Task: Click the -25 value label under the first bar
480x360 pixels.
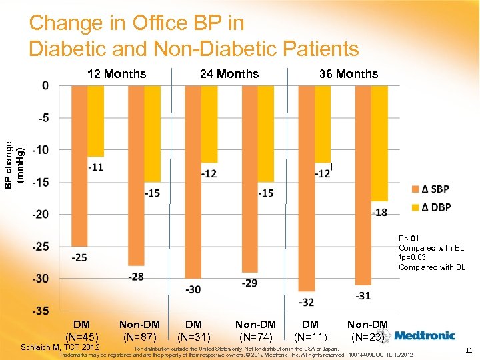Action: click(79, 257)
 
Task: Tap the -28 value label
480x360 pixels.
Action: click(136, 276)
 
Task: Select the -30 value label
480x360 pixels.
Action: click(193, 289)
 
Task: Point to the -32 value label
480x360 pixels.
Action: click(307, 302)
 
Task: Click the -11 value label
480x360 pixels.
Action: click(95, 167)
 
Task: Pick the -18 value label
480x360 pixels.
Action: click(379, 212)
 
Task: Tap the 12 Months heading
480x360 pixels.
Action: click(117, 74)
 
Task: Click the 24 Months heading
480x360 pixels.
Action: click(229, 74)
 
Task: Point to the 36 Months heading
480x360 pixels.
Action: click(348, 74)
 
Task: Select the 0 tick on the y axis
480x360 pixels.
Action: click(45, 85)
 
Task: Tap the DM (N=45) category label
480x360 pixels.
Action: click(82, 331)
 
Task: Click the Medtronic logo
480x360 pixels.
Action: click(425, 335)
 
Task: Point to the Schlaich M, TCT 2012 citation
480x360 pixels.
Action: click(61, 347)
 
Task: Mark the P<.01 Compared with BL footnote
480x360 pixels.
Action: click(431, 243)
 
